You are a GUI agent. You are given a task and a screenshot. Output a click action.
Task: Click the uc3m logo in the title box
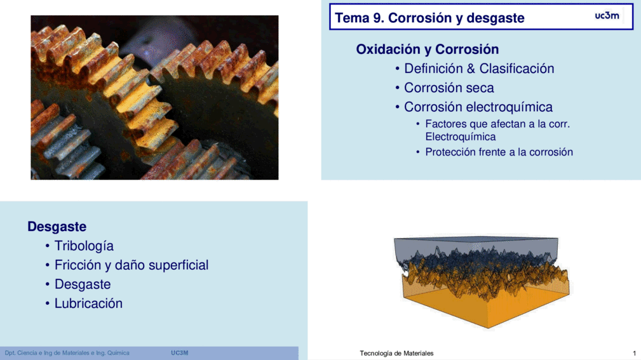pyautogui.click(x=607, y=15)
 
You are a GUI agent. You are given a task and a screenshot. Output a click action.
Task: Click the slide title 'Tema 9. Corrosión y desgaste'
pyautogui.click(x=429, y=18)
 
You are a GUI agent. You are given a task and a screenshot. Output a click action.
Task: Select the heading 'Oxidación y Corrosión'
pyautogui.click(x=427, y=50)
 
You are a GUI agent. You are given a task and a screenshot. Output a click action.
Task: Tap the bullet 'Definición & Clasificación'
pyautogui.click(x=479, y=69)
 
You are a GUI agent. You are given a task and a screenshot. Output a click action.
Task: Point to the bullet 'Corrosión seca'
pyautogui.click(x=449, y=88)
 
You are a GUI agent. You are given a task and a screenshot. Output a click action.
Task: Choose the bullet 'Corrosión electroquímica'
pyautogui.click(x=478, y=107)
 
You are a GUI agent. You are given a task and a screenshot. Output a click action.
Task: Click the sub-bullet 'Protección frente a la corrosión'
pyautogui.click(x=499, y=152)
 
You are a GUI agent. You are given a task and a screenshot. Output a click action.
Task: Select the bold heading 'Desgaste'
pyautogui.click(x=57, y=227)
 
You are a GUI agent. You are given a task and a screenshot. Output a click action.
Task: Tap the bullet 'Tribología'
pyautogui.click(x=84, y=246)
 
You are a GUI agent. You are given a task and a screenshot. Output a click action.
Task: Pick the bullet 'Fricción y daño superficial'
pyautogui.click(x=132, y=265)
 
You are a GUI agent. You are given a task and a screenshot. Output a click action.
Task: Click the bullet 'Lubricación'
pyautogui.click(x=88, y=303)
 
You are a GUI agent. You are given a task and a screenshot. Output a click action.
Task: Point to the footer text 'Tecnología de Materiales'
pyautogui.click(x=396, y=353)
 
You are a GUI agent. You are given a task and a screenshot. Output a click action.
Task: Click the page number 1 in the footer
pyautogui.click(x=634, y=353)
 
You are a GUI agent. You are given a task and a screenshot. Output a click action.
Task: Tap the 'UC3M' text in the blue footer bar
pyautogui.click(x=179, y=352)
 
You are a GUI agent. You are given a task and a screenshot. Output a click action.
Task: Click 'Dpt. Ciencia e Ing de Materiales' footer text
pyautogui.click(x=46, y=352)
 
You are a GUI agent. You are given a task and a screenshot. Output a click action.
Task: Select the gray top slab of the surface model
pyautogui.click(x=476, y=245)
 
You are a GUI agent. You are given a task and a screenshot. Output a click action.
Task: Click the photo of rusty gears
pyautogui.click(x=154, y=98)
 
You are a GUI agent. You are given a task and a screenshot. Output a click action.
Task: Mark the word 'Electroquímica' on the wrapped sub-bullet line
pyautogui.click(x=461, y=137)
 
